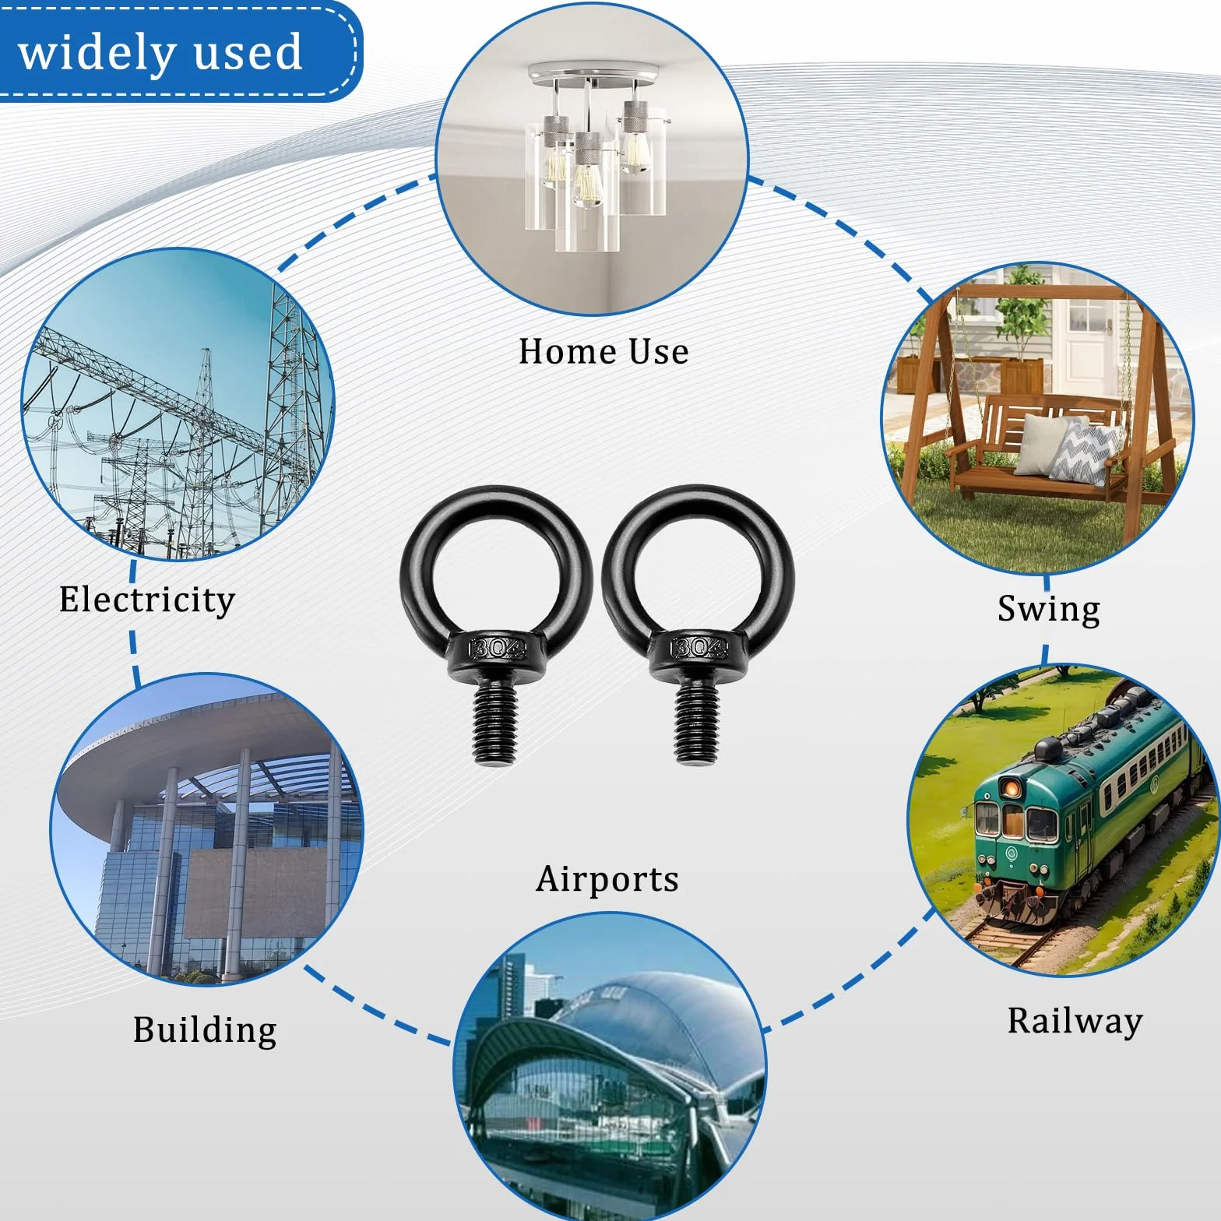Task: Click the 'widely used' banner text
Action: click(160, 53)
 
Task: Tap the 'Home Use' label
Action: click(603, 351)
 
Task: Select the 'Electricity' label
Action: click(147, 600)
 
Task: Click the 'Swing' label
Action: click(1048, 609)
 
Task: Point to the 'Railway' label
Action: click(1075, 1021)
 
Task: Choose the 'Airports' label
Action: click(607, 879)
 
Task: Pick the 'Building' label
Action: click(205, 1029)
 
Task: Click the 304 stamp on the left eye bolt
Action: click(498, 648)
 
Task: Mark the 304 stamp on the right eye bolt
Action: click(699, 648)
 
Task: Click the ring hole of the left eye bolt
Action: click(496, 573)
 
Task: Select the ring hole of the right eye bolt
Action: click(698, 573)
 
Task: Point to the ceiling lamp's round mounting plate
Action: click(592, 75)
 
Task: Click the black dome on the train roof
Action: click(1047, 749)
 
